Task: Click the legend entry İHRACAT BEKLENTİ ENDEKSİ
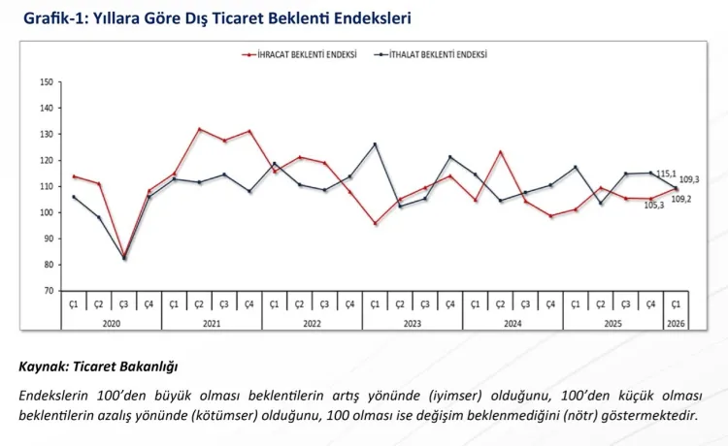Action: [x=301, y=55]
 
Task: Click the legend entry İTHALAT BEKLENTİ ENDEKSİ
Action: [x=437, y=55]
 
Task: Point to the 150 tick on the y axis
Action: [x=47, y=82]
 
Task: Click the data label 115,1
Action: [x=667, y=174]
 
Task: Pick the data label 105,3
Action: [x=653, y=205]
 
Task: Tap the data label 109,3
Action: [x=689, y=179]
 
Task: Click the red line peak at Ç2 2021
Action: [x=199, y=129]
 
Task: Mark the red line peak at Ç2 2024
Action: [x=500, y=151]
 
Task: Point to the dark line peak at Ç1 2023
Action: [x=375, y=144]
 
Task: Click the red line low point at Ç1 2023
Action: [x=375, y=223]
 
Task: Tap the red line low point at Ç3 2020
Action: [x=123, y=257]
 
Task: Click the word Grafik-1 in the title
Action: [x=51, y=17]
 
